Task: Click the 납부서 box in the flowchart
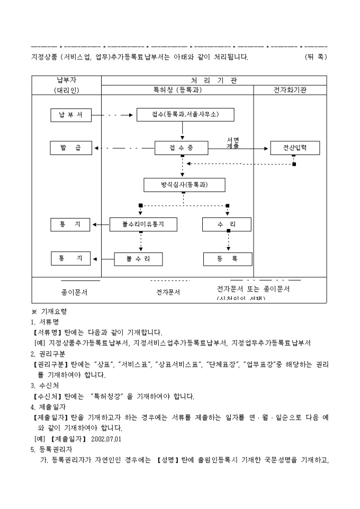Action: pos(71,115)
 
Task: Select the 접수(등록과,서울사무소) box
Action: pos(185,115)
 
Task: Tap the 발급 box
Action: pos(71,148)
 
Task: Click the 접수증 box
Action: pos(182,148)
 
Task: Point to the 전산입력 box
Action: pos(295,148)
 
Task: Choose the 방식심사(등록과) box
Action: pos(184,185)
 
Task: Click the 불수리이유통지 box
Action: pos(143,225)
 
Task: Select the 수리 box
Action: pos(227,225)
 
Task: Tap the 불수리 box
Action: pos(138,259)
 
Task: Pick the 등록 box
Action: pos(227,259)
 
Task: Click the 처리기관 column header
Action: pos(214,80)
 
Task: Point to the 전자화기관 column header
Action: pos(290,90)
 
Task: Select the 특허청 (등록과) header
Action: pos(177,90)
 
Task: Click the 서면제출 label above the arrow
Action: pos(233,142)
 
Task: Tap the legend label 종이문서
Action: pos(75,292)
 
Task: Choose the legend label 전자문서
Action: pos(168,292)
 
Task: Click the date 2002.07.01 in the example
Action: pos(107,439)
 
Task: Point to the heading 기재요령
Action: pos(56,312)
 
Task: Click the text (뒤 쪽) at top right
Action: pos(316,56)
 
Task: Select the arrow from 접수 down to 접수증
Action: pos(182,131)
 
